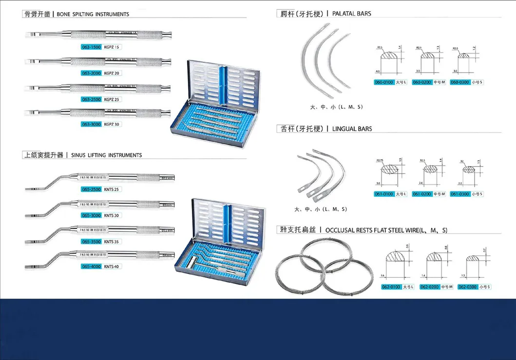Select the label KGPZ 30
(112, 124)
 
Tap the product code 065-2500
(91, 189)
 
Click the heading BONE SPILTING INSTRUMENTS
(93, 14)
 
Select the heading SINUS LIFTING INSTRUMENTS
(106, 155)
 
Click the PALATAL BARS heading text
(351, 14)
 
